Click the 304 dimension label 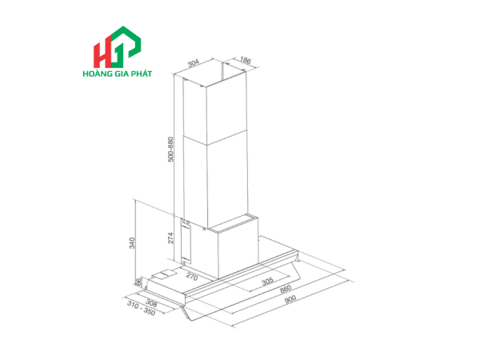[x=193, y=63]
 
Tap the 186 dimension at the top [x=245, y=60]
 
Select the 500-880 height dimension [x=171, y=149]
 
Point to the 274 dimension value [x=171, y=238]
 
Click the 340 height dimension [x=132, y=242]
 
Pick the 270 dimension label [x=192, y=277]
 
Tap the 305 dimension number [x=267, y=281]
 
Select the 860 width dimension [x=286, y=289]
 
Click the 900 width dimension [x=290, y=299]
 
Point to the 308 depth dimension [x=151, y=303]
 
